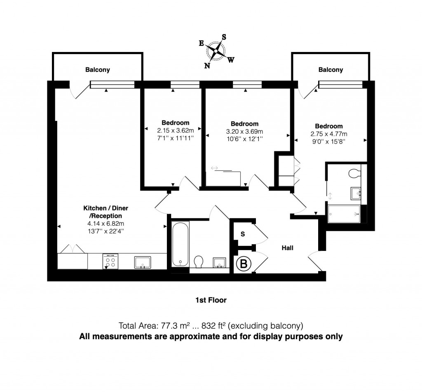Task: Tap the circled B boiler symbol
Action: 243,264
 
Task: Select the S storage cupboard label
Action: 243,234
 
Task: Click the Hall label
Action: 287,248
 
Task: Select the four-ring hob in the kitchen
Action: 110,261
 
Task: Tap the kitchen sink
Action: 143,262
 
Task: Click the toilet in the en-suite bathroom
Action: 354,174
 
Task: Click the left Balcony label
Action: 98,70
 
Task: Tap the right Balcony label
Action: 331,70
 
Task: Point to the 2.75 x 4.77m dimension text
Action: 329,134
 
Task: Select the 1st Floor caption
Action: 211,300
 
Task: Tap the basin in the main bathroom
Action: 219,262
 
